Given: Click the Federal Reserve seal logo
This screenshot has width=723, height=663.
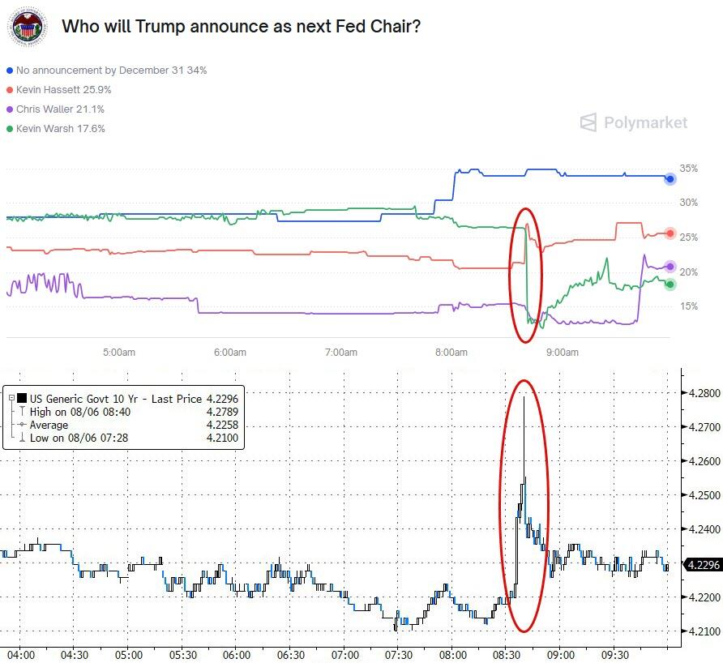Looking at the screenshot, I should click(x=28, y=28).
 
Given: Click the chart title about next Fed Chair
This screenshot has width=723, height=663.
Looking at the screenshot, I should click(x=241, y=27).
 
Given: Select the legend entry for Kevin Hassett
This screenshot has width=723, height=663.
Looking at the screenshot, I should click(x=63, y=90).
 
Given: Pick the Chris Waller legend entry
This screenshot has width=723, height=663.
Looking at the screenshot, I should click(x=60, y=109).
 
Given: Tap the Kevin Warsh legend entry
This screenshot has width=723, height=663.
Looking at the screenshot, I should click(x=60, y=129).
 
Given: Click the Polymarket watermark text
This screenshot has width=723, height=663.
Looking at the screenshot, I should click(x=645, y=123).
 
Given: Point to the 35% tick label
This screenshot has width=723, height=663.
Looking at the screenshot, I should click(x=689, y=169).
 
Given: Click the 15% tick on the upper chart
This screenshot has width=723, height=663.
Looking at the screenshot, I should click(x=689, y=306).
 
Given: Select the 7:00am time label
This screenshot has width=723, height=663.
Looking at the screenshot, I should click(x=340, y=353).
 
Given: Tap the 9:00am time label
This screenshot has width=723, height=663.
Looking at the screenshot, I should click(x=563, y=353).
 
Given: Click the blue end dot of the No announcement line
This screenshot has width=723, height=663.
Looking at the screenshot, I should click(x=670, y=178).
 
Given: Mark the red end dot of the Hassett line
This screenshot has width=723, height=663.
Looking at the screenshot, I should click(x=670, y=233).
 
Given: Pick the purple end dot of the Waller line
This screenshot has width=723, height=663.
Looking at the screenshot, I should click(x=670, y=267).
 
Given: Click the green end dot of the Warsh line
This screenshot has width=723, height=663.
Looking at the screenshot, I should click(x=670, y=284).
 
